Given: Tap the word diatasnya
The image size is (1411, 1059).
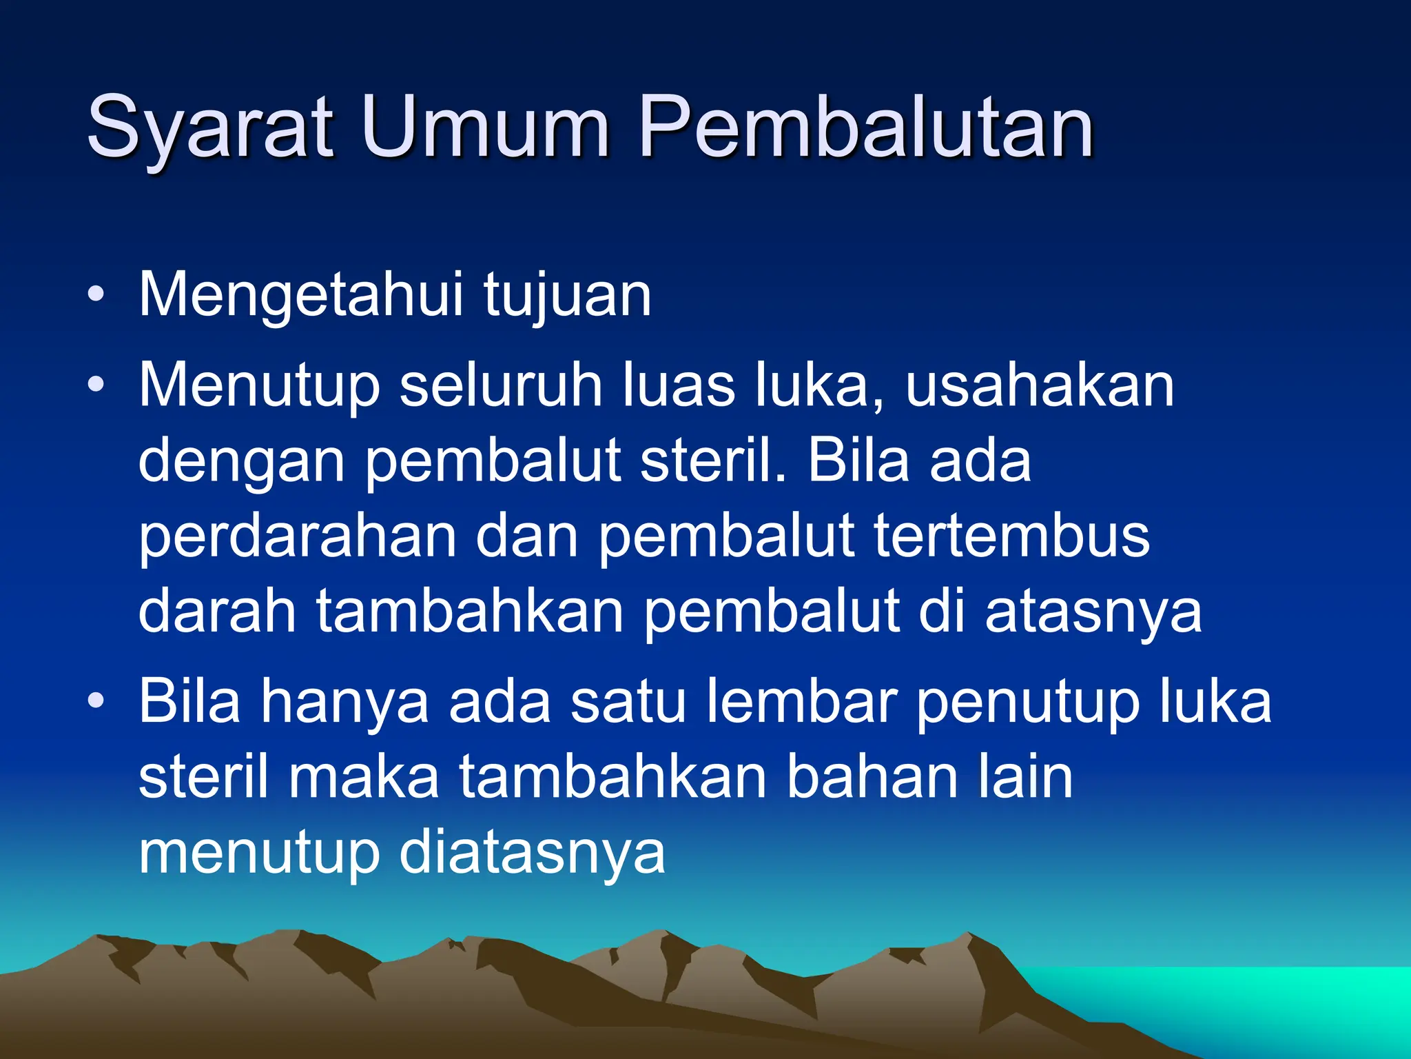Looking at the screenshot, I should click(533, 853).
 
